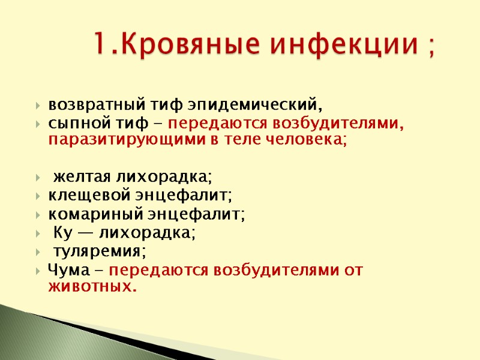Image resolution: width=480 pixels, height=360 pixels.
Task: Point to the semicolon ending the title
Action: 431,47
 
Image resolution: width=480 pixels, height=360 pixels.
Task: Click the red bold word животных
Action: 92,287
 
